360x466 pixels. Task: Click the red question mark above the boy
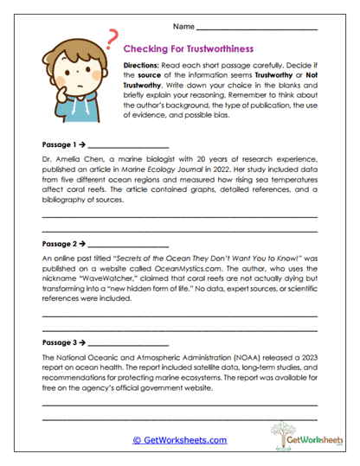[112, 37]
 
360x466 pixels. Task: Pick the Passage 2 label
[59, 244]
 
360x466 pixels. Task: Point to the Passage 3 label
[59, 342]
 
